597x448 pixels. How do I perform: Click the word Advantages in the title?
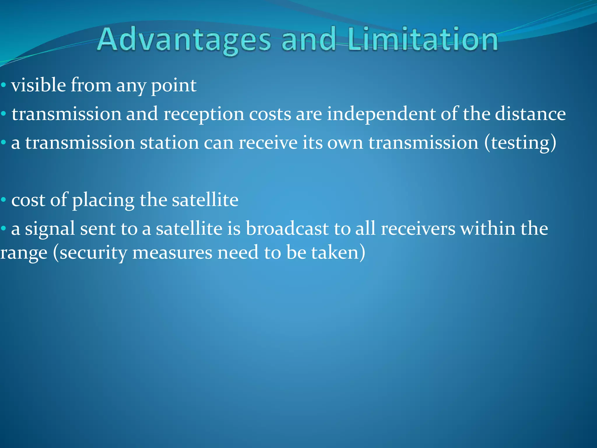point(184,40)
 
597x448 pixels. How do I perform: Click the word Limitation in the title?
point(422,40)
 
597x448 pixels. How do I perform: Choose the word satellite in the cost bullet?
point(205,200)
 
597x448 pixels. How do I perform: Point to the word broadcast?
point(287,228)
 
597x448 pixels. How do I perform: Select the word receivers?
point(418,228)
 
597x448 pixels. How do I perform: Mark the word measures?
point(172,253)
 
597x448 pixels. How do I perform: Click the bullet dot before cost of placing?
point(3,200)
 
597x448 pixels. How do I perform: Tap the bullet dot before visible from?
point(3,85)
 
